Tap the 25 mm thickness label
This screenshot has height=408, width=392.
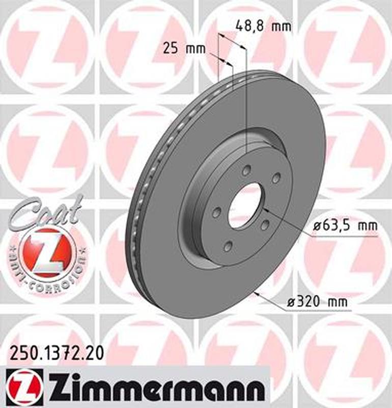(184, 49)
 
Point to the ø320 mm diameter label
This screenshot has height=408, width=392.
(317, 302)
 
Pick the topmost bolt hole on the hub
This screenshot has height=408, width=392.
(246, 170)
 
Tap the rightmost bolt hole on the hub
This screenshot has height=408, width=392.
(276, 177)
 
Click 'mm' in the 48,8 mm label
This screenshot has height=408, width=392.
(282, 25)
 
